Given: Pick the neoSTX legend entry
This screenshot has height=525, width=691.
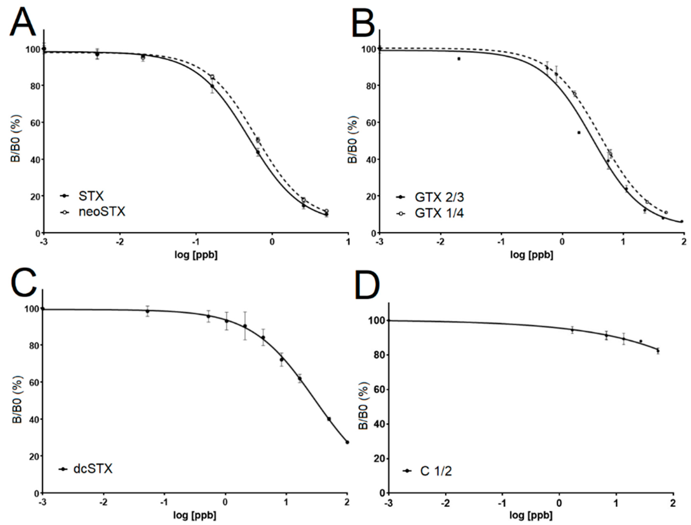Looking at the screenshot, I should click(x=102, y=212).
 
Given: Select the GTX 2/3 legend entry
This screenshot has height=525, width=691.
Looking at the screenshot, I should click(x=439, y=197).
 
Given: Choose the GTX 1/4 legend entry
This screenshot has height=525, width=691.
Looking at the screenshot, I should click(x=439, y=213).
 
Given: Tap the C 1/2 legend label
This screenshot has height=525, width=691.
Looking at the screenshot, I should click(x=436, y=471).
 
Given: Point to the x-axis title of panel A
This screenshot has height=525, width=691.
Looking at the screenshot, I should click(x=196, y=255).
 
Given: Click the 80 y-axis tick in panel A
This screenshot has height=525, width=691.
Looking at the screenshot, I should click(x=35, y=86).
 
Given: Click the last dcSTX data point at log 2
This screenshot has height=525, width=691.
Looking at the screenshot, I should click(x=347, y=442).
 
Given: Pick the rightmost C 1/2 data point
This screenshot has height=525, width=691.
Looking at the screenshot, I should click(x=658, y=351).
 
